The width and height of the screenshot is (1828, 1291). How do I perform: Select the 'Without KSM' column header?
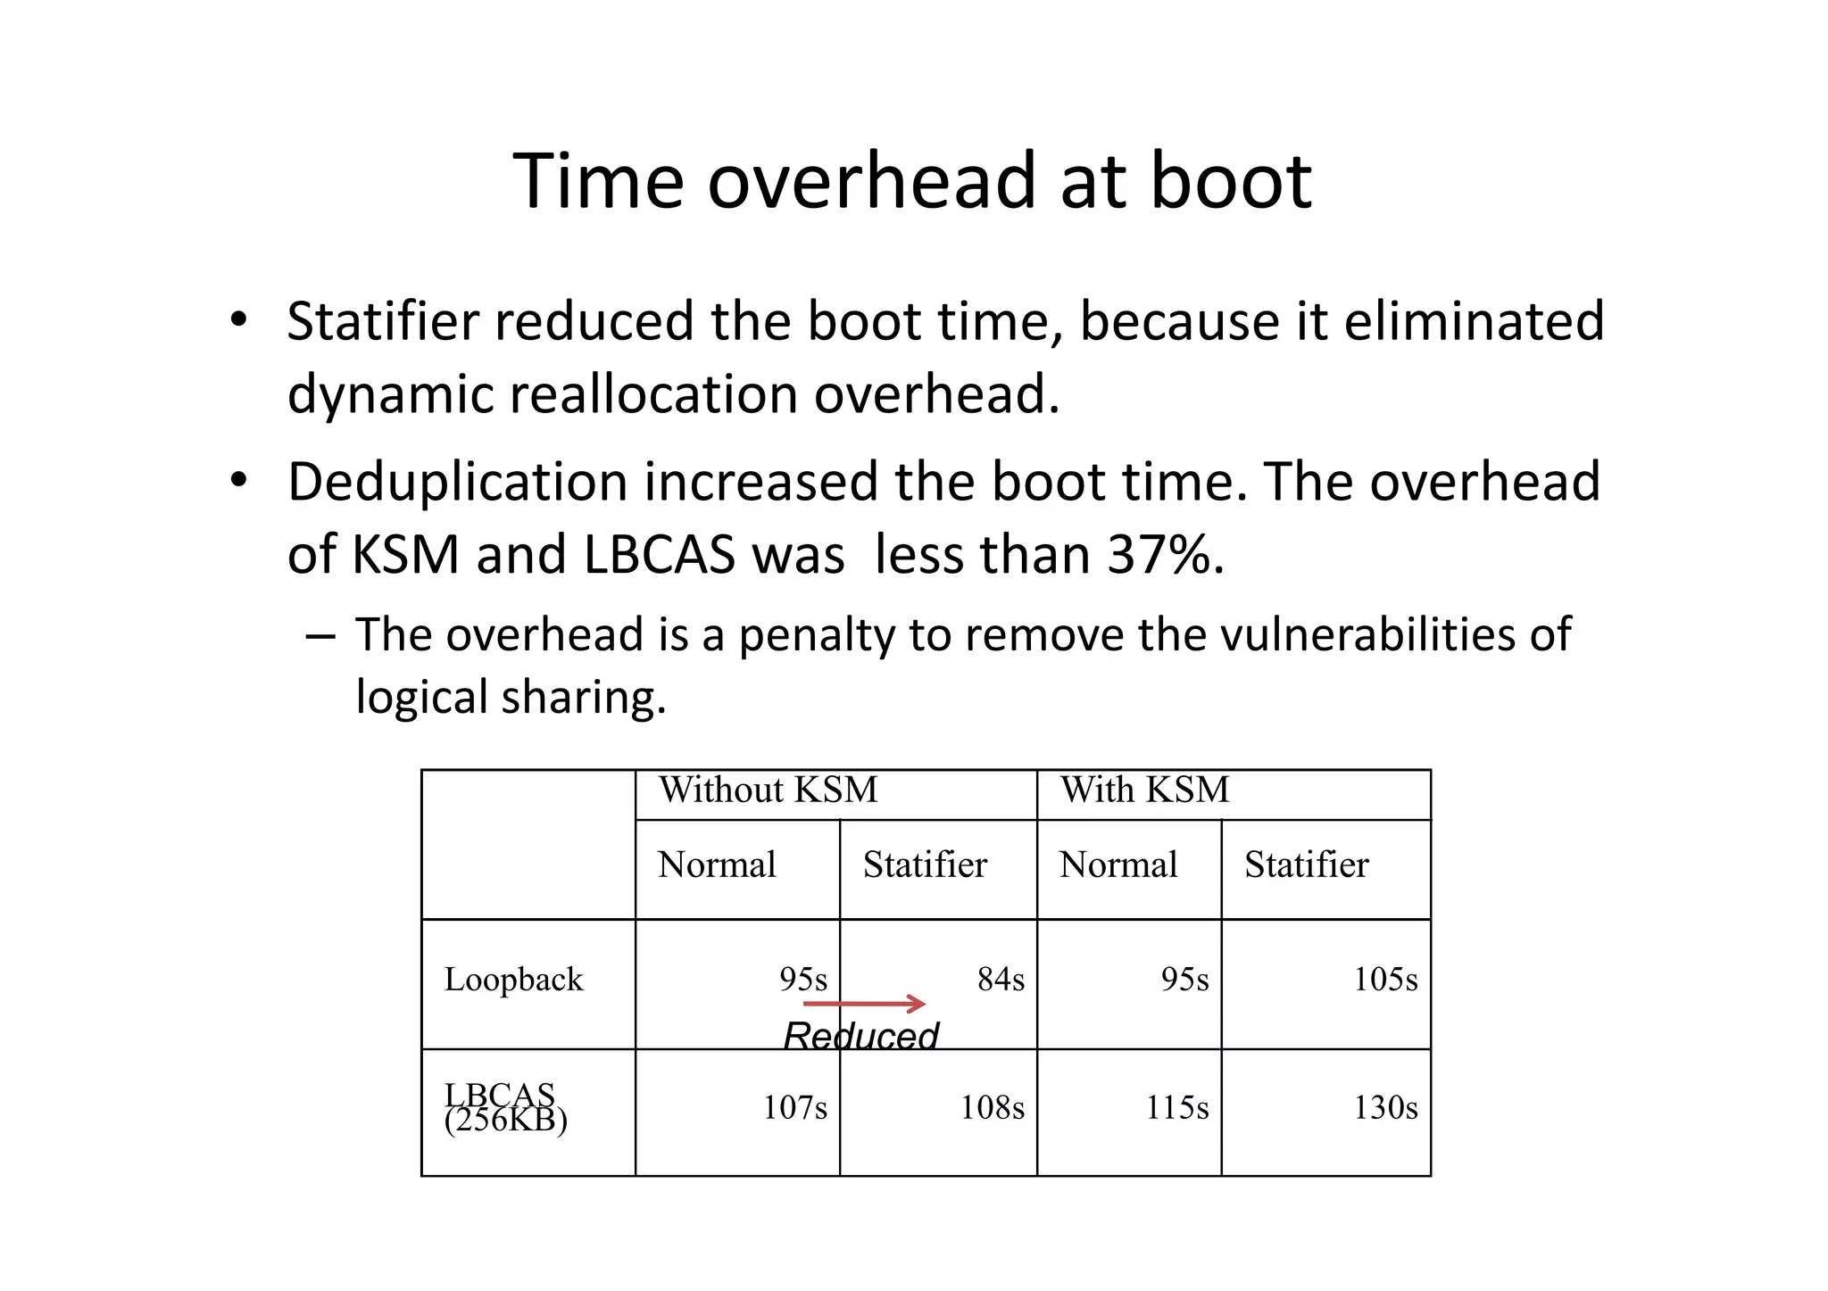pos(768,790)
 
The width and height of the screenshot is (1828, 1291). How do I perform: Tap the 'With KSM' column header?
pos(1144,790)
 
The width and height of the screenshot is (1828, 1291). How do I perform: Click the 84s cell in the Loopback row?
pos(1001,980)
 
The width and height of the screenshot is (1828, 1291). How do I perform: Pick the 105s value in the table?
pos(1384,980)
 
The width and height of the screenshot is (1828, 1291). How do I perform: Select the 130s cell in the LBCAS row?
pos(1384,1108)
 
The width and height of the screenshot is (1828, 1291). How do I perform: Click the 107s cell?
pos(794,1108)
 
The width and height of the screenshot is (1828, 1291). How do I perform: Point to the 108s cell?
pos(992,1108)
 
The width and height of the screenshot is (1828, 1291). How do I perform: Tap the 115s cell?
pos(1177,1108)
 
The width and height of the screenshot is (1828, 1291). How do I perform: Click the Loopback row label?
pos(513,980)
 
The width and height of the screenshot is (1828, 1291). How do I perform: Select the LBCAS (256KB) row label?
pos(504,1108)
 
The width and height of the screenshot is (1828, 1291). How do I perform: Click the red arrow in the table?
pos(864,1005)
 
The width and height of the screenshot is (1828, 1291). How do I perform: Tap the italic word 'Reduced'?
pos(860,1037)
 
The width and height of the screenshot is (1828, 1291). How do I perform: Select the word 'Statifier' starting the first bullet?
pos(382,321)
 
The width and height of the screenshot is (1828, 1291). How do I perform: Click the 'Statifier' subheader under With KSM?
pos(1306,865)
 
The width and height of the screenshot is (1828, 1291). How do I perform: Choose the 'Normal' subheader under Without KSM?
pos(717,865)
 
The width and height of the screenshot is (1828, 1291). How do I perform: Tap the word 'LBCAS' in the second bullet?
pos(659,555)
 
